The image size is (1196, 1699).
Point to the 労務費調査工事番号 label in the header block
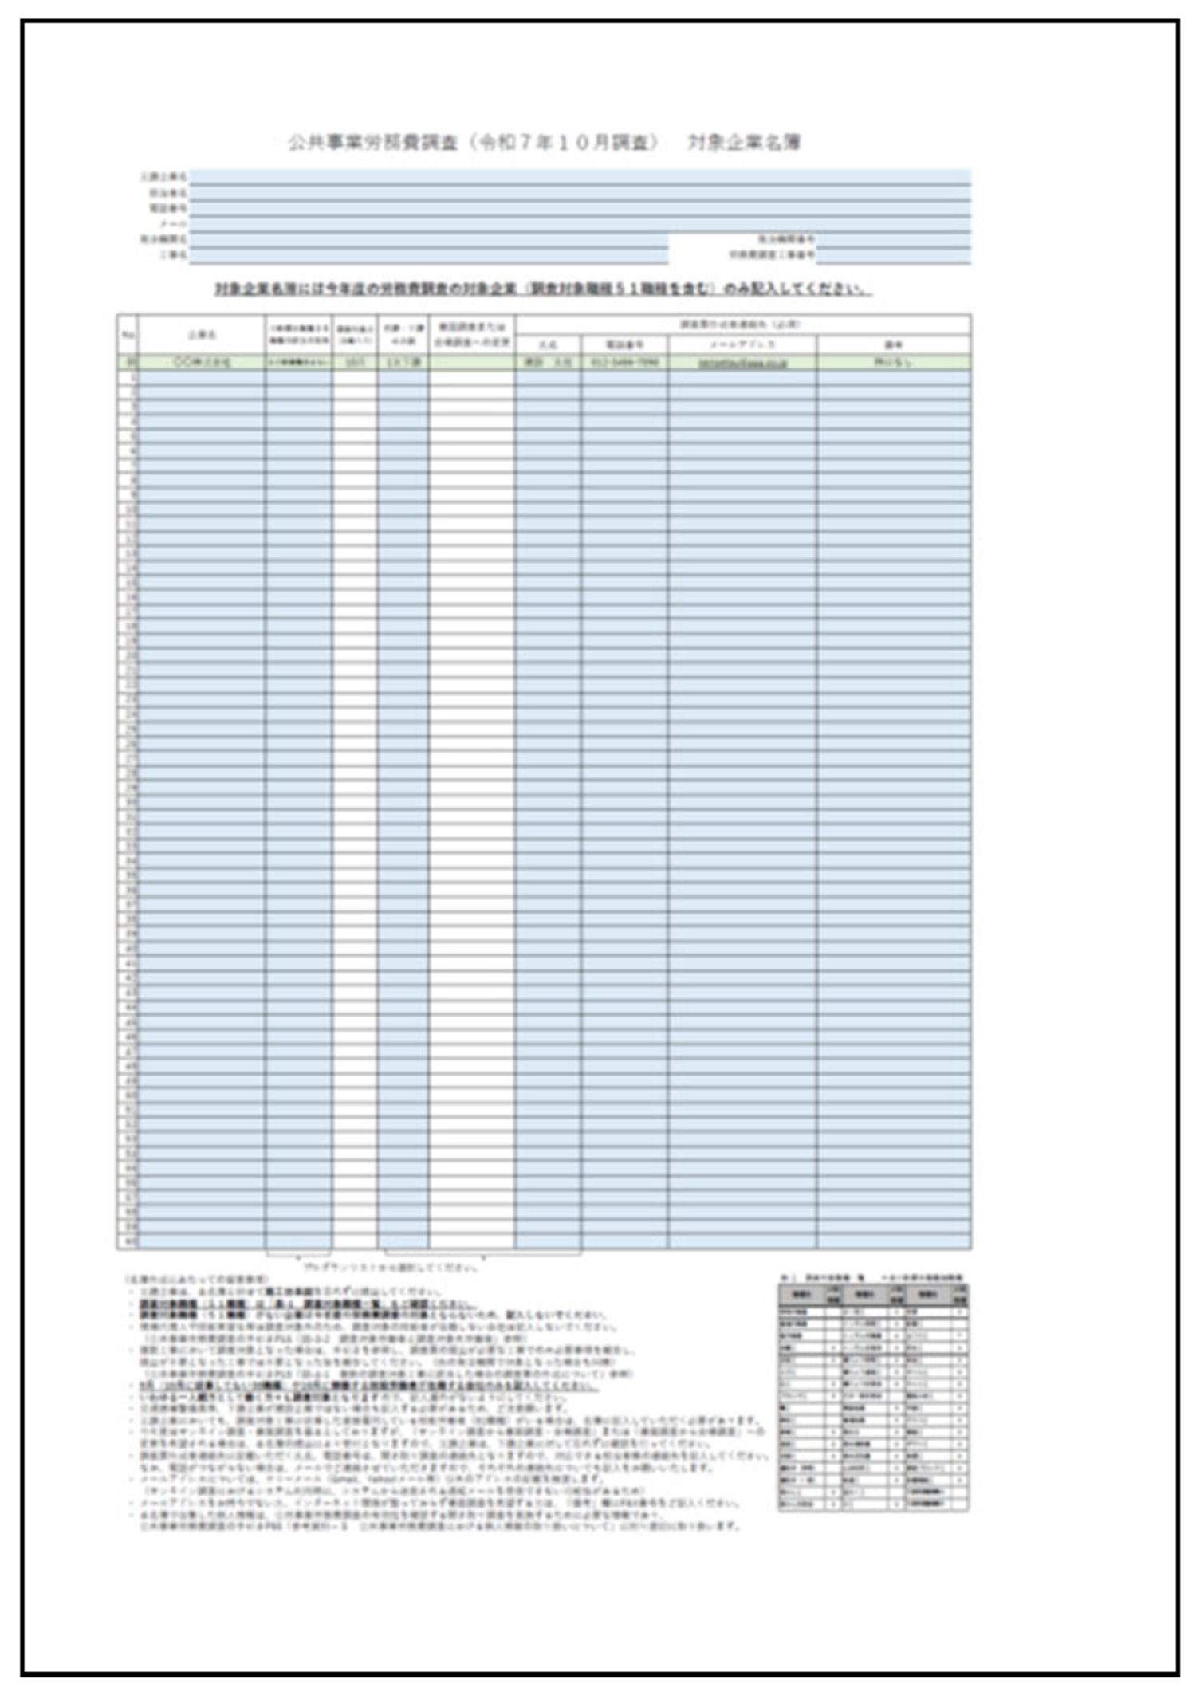click(x=771, y=255)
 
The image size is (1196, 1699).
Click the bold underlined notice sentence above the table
click(x=543, y=289)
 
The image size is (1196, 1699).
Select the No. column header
click(x=128, y=335)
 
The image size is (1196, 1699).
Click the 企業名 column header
click(x=202, y=335)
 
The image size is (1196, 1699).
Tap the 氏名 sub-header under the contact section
click(x=548, y=345)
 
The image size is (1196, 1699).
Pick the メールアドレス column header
click(x=742, y=345)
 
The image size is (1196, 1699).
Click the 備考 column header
click(x=894, y=345)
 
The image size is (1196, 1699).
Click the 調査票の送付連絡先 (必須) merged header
click(x=742, y=324)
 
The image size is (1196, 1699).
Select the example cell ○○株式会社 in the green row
click(x=202, y=362)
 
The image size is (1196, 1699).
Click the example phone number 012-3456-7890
click(x=624, y=362)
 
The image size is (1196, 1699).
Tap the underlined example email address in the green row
click(x=742, y=363)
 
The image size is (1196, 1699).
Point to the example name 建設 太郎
click(x=548, y=362)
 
